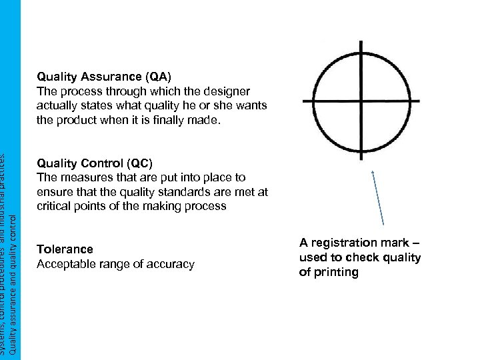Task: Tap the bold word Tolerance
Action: [x=65, y=249]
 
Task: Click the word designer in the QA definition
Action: [x=223, y=91]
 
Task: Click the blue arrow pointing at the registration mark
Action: [x=377, y=198]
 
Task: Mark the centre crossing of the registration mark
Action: [x=361, y=101]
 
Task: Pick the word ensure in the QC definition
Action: [x=55, y=193]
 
